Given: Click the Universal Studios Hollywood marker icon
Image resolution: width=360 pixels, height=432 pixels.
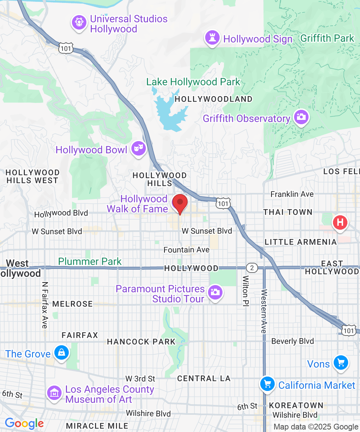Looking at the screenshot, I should pyautogui.click(x=79, y=23).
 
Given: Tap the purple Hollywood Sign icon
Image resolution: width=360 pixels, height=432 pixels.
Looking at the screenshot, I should pyautogui.click(x=212, y=38).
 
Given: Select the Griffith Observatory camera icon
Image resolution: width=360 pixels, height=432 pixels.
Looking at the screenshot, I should pyautogui.click(x=301, y=117).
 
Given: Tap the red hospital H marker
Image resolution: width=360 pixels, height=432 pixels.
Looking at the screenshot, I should pyautogui.click(x=340, y=222).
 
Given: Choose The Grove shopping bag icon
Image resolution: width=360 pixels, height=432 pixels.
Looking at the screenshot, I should pyautogui.click(x=62, y=353).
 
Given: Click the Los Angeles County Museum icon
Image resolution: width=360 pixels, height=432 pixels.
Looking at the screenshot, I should pyautogui.click(x=54, y=393).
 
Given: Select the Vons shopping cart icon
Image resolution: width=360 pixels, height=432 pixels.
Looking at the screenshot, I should pyautogui.click(x=340, y=363).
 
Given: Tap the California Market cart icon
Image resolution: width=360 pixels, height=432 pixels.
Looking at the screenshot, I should pyautogui.click(x=267, y=384).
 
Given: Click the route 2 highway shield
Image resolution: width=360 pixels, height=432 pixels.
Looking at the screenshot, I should pyautogui.click(x=252, y=268).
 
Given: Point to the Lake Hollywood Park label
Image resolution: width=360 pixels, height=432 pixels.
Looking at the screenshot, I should pyautogui.click(x=193, y=82).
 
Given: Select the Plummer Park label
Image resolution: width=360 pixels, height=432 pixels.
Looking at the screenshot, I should pyautogui.click(x=90, y=261).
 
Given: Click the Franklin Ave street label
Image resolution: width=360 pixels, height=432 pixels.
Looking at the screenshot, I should pyautogui.click(x=292, y=194).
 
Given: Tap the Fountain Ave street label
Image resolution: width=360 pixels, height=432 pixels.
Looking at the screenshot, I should pyautogui.click(x=186, y=249).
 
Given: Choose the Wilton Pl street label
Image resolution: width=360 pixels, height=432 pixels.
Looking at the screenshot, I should pyautogui.click(x=246, y=291).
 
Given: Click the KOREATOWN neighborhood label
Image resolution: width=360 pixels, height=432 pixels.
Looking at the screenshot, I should pyautogui.click(x=296, y=405).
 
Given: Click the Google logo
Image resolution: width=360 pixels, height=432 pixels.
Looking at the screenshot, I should pyautogui.click(x=24, y=424).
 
